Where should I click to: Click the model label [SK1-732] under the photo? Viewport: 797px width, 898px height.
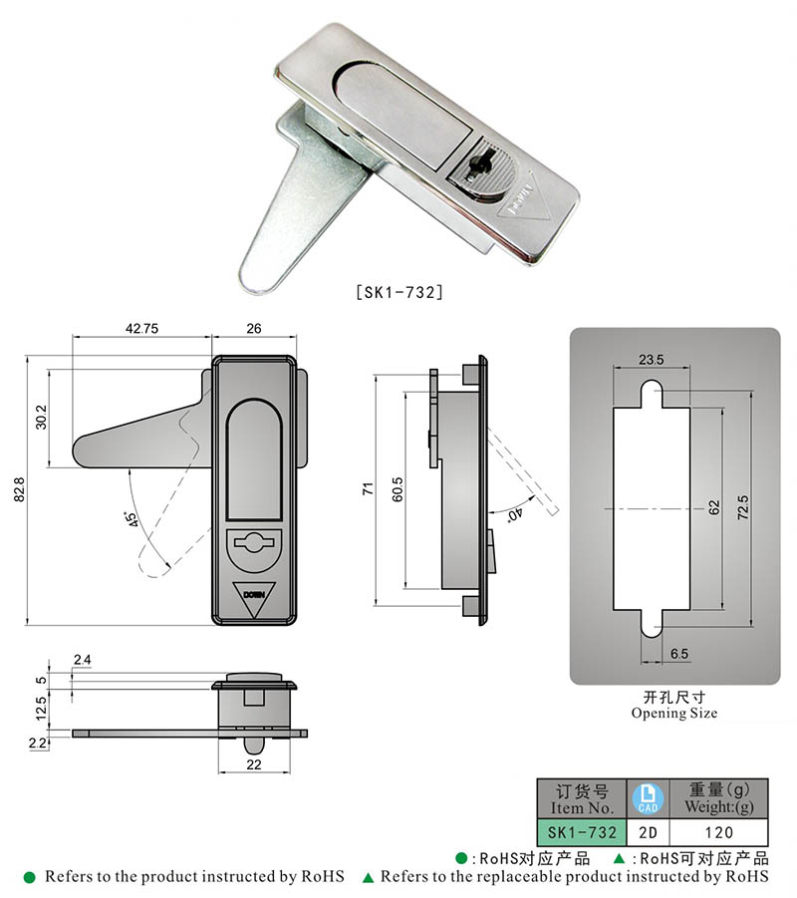click(398, 293)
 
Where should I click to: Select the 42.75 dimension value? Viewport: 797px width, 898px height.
click(142, 329)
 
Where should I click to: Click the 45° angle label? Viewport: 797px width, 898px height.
click(130, 521)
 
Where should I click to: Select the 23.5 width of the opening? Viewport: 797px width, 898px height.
click(652, 360)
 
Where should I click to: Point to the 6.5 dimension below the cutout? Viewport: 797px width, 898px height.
click(679, 654)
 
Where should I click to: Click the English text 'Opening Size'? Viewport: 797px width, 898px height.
click(673, 714)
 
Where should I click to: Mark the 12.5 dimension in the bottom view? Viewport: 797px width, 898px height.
click(39, 709)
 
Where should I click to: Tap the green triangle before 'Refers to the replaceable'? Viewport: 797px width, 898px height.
click(369, 878)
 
